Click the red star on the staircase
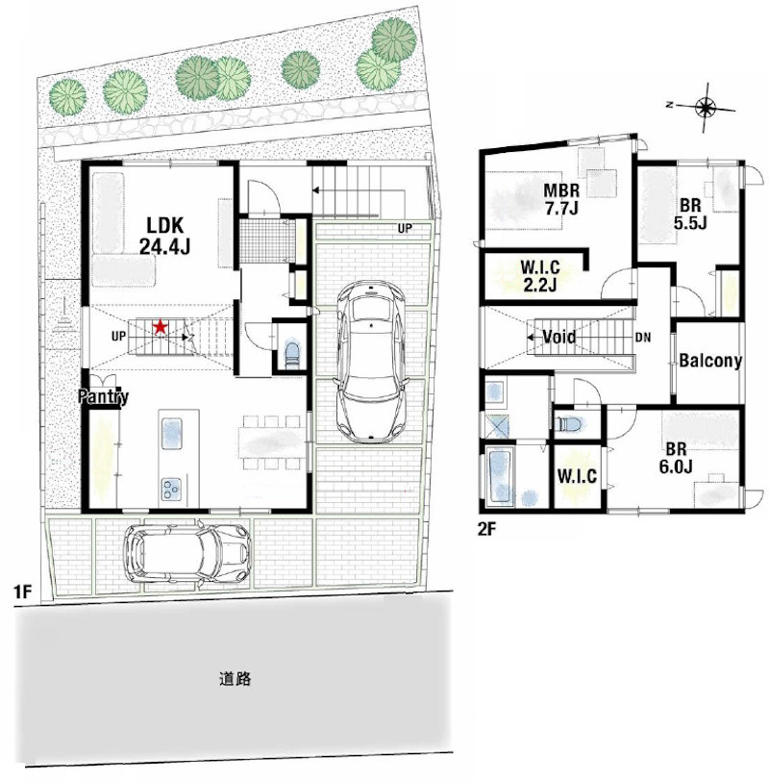point(160,327)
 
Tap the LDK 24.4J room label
point(165,236)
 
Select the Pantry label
point(104,396)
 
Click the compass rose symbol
point(706,106)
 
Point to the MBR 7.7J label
point(561,199)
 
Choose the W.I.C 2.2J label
point(540,275)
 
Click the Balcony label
point(710,360)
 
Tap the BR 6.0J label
point(676,458)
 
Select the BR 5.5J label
point(690,214)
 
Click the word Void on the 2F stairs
point(558,338)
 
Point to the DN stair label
point(643,338)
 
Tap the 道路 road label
point(235,679)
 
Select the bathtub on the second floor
point(501,476)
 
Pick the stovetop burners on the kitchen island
point(171,489)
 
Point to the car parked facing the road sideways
point(186,553)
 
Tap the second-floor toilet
point(571,423)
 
